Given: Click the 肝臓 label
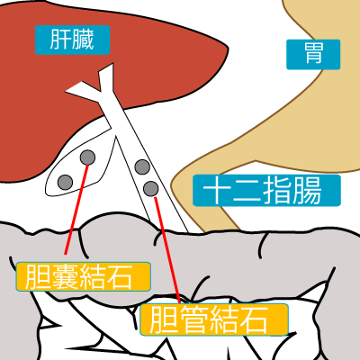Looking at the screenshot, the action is pyautogui.click(x=72, y=40).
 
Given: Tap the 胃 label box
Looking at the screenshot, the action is pyautogui.click(x=313, y=54).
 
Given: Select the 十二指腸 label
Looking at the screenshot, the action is pyautogui.click(x=266, y=191).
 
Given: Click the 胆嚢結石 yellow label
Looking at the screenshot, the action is pyautogui.click(x=83, y=276).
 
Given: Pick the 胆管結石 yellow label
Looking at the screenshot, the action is pyautogui.click(x=214, y=319).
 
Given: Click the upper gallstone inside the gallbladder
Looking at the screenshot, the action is pyautogui.click(x=87, y=157).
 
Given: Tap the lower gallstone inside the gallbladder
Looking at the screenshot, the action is pyautogui.click(x=65, y=182).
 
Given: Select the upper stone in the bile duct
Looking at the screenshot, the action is pyautogui.click(x=142, y=167).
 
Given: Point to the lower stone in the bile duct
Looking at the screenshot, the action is pyautogui.click(x=150, y=189).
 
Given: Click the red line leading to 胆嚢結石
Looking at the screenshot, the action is pyautogui.click(x=76, y=209).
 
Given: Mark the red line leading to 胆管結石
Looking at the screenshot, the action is pyautogui.click(x=167, y=249).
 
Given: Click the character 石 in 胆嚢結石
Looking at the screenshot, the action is pyautogui.click(x=120, y=276).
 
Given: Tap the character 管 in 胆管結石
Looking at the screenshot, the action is pyautogui.click(x=194, y=319).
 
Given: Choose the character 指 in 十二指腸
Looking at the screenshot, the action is pyautogui.click(x=277, y=191).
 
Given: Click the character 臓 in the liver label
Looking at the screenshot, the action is pyautogui.click(x=83, y=40).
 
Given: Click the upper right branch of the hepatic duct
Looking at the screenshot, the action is pyautogui.click(x=107, y=75).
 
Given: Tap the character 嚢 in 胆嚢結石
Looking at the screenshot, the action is pyautogui.click(x=65, y=276).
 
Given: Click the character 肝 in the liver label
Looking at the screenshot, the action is pyautogui.click(x=61, y=40).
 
